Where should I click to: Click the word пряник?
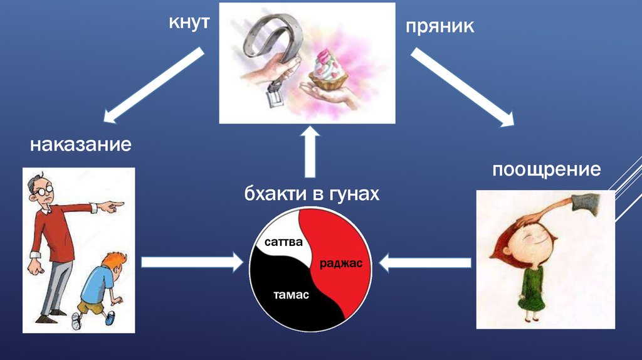coord(439,27)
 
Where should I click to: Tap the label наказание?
coord(80,146)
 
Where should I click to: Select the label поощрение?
coord(547,170)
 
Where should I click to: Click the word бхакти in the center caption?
coord(272,194)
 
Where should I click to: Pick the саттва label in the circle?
coord(283,241)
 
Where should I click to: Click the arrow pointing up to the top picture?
coord(310,154)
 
